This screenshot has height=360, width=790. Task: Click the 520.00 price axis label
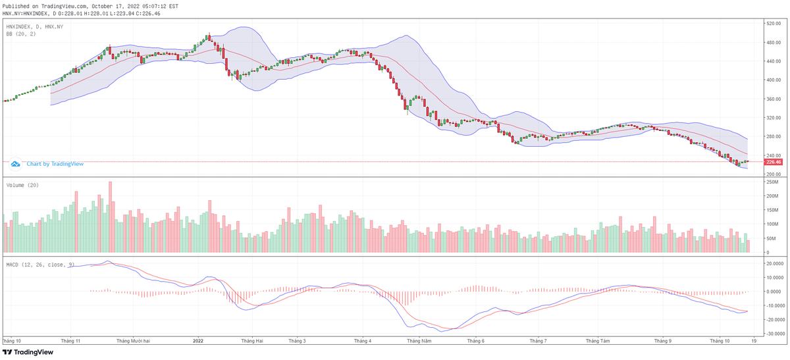pyautogui.click(x=773, y=24)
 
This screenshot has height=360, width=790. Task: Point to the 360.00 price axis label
pyautogui.click(x=773, y=99)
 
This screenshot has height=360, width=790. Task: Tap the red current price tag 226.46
pyautogui.click(x=774, y=162)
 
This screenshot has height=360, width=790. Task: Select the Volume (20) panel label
pyautogui.click(x=21, y=186)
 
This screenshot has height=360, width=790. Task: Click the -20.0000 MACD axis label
pyautogui.click(x=774, y=321)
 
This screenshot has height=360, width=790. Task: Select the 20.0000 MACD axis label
pyautogui.click(x=774, y=263)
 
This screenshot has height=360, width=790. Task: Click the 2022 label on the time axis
pyautogui.click(x=198, y=341)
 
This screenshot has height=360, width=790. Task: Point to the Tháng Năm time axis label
pyautogui.click(x=419, y=341)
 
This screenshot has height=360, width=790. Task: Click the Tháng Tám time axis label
pyautogui.click(x=598, y=341)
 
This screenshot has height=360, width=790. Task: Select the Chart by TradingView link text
pyautogui.click(x=50, y=163)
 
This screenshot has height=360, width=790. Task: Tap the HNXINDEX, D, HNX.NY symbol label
pyautogui.click(x=34, y=26)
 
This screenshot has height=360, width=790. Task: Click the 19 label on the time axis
pyautogui.click(x=752, y=341)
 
